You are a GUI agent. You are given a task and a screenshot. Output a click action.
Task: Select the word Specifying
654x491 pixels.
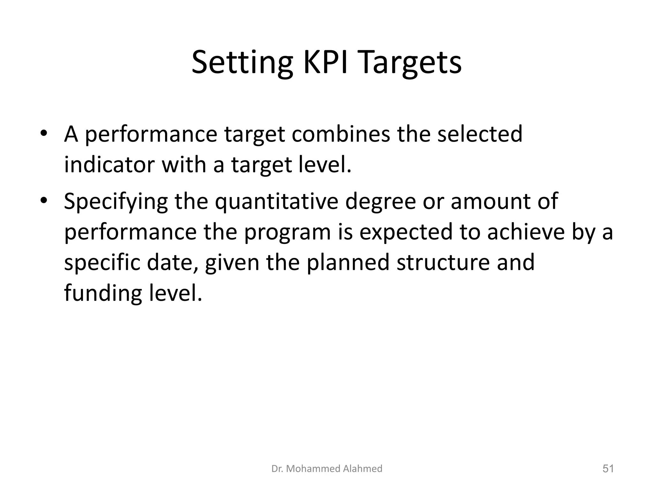[x=116, y=202]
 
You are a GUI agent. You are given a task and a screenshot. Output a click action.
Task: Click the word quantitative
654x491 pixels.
[x=276, y=202]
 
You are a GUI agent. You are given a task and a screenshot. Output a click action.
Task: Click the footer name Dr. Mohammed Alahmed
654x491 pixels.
[x=327, y=469]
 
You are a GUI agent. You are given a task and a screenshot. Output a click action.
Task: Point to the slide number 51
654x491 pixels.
[x=608, y=469]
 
